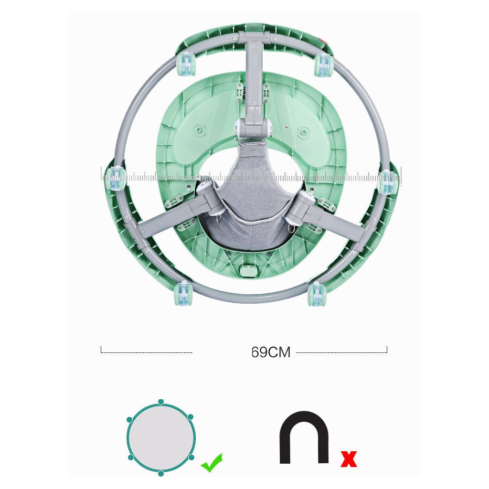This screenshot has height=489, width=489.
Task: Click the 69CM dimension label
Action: pyautogui.click(x=271, y=352)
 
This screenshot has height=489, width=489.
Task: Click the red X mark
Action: pyautogui.click(x=348, y=459)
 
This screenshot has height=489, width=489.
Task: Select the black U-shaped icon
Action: pyautogui.click(x=304, y=437)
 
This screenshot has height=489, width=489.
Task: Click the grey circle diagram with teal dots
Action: pyautogui.click(x=160, y=437)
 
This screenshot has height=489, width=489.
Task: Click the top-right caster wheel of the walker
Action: pyautogui.click(x=324, y=65)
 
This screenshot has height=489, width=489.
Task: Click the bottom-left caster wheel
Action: pyautogui.click(x=184, y=293)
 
